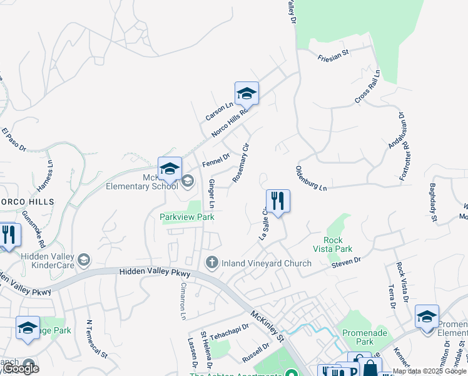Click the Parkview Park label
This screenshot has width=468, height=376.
coord(187,217)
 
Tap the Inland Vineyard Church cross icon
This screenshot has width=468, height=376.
coord(212,262)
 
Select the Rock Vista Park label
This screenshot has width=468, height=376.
coord(338,244)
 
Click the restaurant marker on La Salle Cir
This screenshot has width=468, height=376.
coord(278,201)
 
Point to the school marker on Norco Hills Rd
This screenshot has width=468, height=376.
coord(247,94)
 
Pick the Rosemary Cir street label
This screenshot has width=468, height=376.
coord(241,162)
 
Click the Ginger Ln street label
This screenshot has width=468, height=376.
coord(211,194)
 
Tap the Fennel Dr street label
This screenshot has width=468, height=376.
coord(216,159)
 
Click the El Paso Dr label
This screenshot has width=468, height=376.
coord(13,140)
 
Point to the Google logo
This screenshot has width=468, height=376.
coord(21,368)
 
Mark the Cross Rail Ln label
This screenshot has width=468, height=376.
coord(367,87)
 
